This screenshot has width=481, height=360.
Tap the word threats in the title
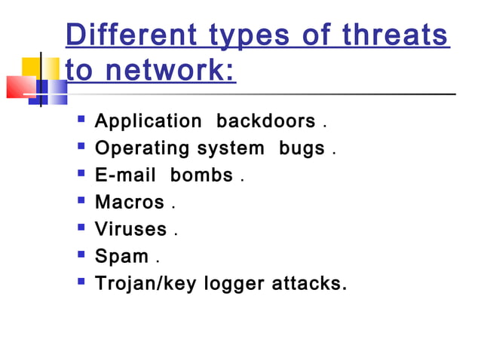pos(395,36)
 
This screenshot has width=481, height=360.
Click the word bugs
pos(302,148)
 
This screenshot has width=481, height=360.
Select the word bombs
pos(201,175)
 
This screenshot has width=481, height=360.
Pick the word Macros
pos(129,203)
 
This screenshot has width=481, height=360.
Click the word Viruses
pos(131,229)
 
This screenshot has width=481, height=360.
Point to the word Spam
pos(121,256)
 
